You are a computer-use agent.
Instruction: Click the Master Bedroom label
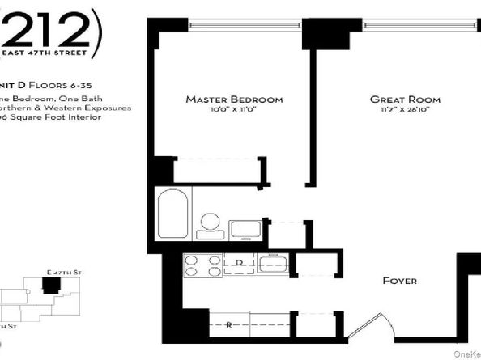[x=234, y=100]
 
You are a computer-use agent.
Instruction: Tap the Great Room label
[x=398, y=100]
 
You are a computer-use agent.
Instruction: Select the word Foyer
[x=399, y=281]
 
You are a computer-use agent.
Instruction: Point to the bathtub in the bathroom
[x=172, y=213]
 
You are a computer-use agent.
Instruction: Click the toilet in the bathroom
[x=211, y=224]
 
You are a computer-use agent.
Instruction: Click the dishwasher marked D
[x=240, y=264]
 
